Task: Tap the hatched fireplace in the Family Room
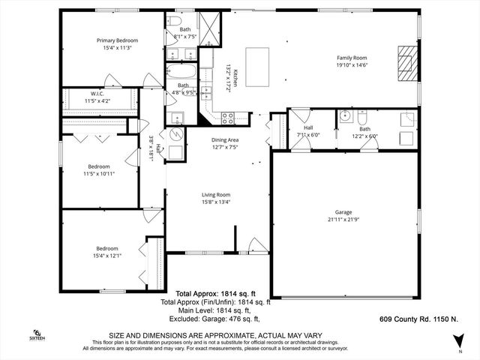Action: (406, 62)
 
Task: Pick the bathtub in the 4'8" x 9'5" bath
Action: (183, 73)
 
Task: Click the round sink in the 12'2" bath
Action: (346, 115)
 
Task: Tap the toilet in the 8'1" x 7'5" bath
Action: (173, 21)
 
